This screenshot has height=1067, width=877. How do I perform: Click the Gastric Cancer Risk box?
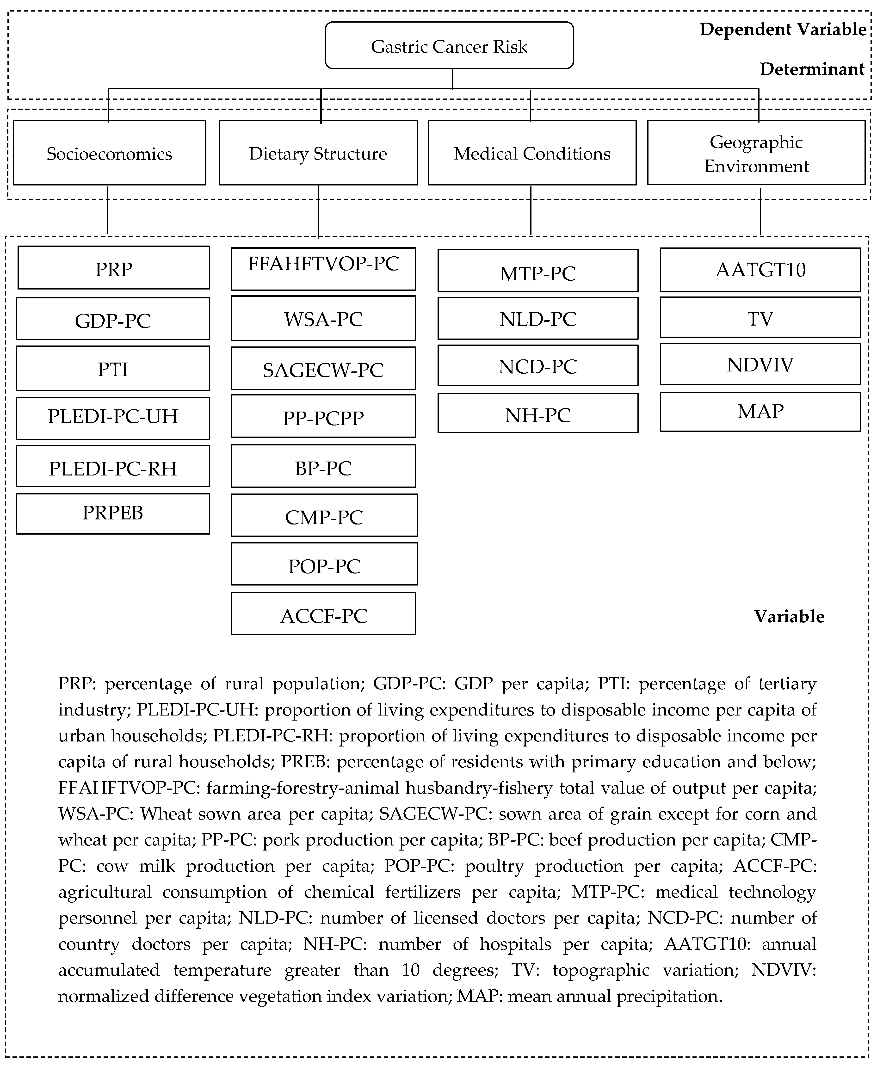click(x=449, y=45)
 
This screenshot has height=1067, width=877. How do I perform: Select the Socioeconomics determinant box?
click(x=110, y=153)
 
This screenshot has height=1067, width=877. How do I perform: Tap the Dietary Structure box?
click(x=318, y=153)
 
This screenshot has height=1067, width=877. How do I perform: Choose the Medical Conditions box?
click(x=532, y=153)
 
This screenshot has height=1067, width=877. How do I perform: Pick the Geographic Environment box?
click(x=756, y=153)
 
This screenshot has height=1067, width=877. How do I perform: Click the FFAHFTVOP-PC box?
click(x=323, y=269)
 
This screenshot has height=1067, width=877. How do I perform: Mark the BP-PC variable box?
click(x=323, y=466)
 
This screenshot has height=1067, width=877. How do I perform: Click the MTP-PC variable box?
click(x=537, y=271)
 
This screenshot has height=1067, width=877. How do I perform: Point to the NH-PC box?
click(x=537, y=413)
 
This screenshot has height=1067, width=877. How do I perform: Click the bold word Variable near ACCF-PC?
click(x=789, y=616)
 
